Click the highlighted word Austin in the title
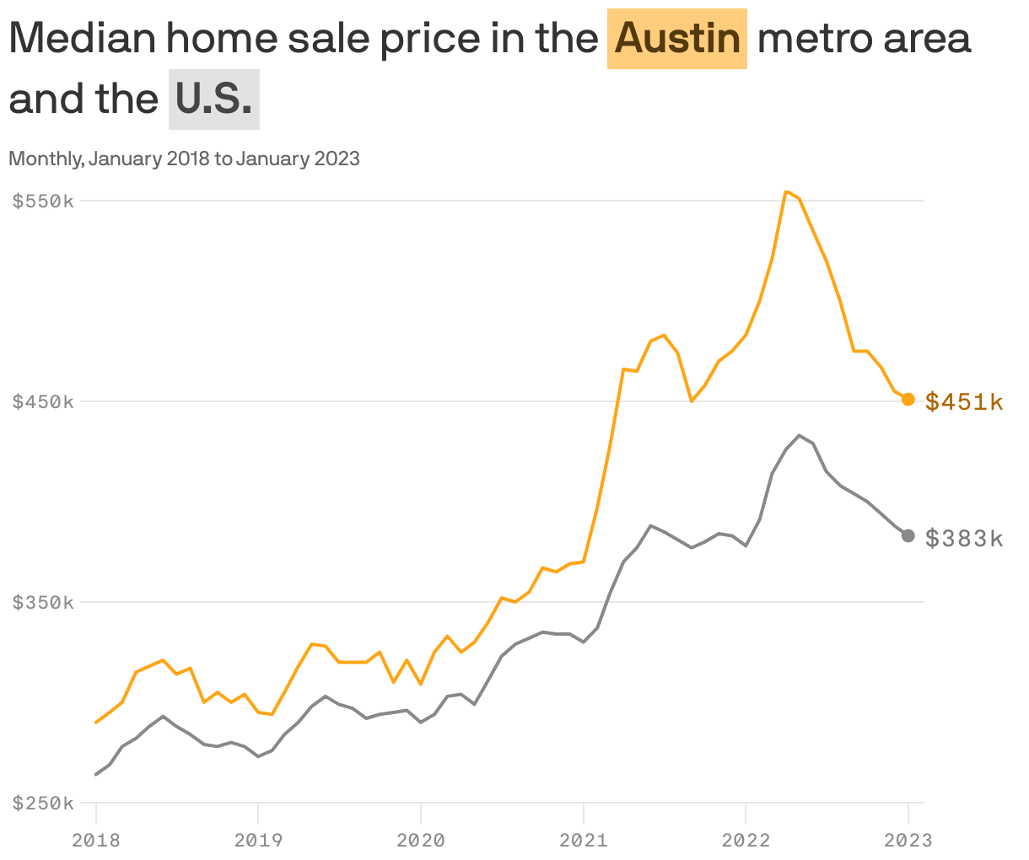pos(677,39)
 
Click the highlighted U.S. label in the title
pos(214,99)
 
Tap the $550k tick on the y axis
pos(43,201)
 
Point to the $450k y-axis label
pos(43,401)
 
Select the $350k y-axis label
pos(43,602)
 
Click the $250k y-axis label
pos(43,803)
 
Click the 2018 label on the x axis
pos(96,840)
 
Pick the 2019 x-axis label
pos(258,840)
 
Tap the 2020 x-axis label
pos(421,840)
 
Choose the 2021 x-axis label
pos(584,840)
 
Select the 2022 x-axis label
pos(746,840)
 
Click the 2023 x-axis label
pos(908,840)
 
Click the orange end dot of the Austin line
pos(908,400)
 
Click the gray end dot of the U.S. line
pos(908,535)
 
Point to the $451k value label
pos(964,402)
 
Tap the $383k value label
pos(964,538)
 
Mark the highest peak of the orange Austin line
pos(786,191)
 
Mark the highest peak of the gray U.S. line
pos(800,435)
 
